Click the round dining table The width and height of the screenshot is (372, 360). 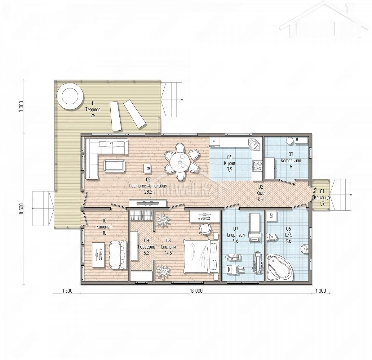point(180,162)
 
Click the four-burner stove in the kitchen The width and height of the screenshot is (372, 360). point(257,166)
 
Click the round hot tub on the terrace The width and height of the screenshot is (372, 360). point(70,96)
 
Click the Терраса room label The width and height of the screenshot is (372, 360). point(93,110)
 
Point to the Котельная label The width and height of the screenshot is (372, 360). point(291,160)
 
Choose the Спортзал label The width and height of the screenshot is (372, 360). point(236,235)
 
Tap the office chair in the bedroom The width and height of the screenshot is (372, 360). point(206,228)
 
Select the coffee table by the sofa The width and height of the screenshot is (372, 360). point(114,166)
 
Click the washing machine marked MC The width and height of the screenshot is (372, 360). point(272,215)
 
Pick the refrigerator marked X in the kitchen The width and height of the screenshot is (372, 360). point(214,141)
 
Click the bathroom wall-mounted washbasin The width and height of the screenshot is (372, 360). point(305,249)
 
